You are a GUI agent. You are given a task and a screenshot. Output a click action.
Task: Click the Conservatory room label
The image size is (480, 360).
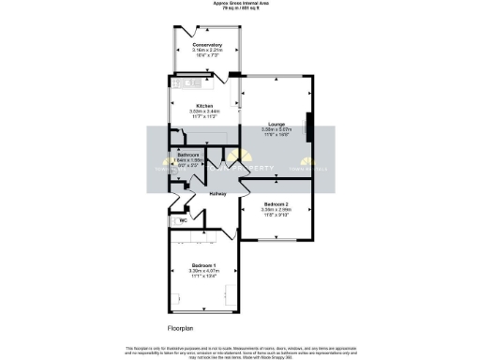point(206,44)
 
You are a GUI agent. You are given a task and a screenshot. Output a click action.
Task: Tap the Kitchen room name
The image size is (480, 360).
point(204,106)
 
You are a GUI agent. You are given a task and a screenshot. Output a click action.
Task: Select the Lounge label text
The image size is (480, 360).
point(276,123)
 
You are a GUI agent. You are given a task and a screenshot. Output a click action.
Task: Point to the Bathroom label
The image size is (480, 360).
point(188,154)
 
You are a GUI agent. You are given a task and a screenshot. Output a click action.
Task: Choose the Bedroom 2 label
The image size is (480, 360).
point(276,203)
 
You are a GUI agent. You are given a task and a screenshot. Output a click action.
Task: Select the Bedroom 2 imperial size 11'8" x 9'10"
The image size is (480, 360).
point(276,215)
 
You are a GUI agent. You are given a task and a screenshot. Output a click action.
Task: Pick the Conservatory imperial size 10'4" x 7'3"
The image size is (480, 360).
point(206,55)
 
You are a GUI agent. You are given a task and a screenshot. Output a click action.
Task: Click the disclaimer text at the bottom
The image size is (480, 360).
point(240,351)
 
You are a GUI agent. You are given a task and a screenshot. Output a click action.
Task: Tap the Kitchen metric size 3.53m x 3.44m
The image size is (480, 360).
point(204,112)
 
